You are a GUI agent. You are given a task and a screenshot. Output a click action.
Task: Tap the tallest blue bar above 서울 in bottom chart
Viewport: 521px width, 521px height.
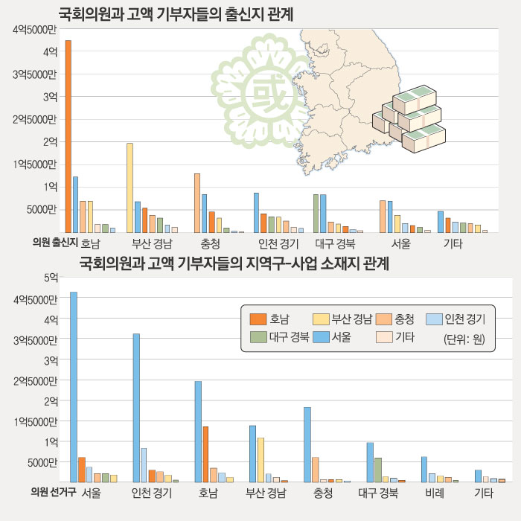74,387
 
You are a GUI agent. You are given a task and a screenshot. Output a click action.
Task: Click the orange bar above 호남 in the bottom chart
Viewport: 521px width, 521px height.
205,454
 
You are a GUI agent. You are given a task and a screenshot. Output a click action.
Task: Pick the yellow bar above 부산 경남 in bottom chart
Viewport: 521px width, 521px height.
261,459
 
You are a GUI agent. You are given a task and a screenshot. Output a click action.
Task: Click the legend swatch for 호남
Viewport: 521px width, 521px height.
258,319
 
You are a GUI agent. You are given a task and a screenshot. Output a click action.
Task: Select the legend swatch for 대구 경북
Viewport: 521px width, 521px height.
258,337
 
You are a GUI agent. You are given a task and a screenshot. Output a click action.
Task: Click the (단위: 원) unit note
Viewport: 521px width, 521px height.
464,339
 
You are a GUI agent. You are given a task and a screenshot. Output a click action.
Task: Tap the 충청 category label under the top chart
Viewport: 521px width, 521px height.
210,243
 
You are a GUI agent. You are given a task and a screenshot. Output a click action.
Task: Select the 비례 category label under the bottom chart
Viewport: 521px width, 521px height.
435,493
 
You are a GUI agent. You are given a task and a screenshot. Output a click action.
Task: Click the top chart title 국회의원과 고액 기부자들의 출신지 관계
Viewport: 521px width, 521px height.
176,14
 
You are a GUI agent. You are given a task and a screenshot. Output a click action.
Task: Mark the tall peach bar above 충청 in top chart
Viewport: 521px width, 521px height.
197,202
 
